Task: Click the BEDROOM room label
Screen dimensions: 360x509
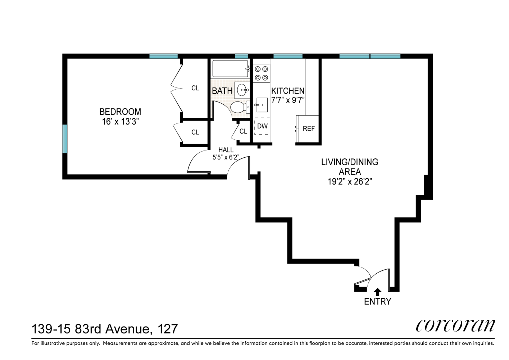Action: pos(120,112)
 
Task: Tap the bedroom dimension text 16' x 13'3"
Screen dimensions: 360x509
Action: pos(120,122)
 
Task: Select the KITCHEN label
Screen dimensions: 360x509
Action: pos(288,91)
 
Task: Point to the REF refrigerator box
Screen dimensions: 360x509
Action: pos(308,129)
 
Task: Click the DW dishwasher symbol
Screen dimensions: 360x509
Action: pos(262,126)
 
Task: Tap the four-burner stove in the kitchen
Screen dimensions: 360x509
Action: pos(262,73)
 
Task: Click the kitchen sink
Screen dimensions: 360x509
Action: pos(262,105)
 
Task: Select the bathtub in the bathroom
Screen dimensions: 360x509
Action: pos(230,68)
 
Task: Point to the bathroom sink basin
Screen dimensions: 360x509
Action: pos(242,90)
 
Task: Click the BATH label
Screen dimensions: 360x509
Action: pos(222,91)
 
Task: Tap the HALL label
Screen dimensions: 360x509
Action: pos(226,150)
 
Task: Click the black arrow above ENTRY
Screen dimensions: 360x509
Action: pos(377,292)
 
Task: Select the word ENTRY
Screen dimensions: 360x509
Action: pos(377,302)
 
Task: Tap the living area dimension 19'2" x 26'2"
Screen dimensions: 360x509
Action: pos(349,181)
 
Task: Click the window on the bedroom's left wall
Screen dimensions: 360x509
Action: pos(65,139)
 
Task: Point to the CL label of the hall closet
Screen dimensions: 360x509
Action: pos(243,131)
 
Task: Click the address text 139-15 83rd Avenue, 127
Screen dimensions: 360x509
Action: pos(105,329)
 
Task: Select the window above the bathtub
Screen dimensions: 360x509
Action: pos(241,56)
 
